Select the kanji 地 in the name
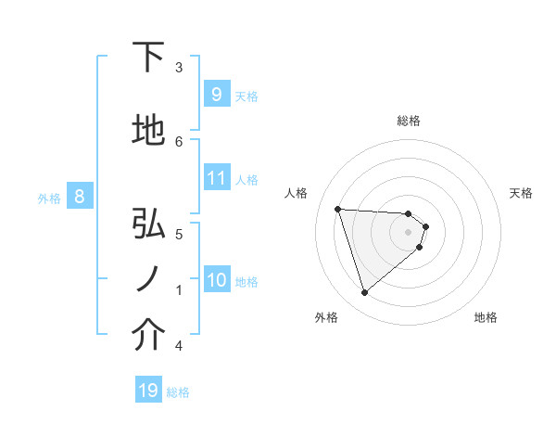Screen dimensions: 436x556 pos(148,131)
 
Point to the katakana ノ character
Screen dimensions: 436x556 pos(147,280)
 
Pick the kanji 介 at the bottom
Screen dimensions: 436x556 pos(148,336)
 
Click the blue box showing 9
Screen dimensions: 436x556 pos(216,95)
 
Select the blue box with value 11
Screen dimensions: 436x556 pos(216,178)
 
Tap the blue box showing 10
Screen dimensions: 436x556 pos(216,280)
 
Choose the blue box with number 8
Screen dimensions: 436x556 pos(80,197)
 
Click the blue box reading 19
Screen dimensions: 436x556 pos(147,391)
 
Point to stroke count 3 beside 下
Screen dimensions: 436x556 pos(179,67)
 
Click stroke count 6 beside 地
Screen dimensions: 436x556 pos(179,141)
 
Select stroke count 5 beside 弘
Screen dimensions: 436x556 pos(179,233)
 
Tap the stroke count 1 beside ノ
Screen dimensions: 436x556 pos(179,289)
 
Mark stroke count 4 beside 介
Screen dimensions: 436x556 pos(179,346)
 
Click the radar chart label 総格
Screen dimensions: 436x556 pos(409,121)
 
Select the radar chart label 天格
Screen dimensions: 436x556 pos(522,193)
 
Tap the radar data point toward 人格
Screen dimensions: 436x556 pos(338,209)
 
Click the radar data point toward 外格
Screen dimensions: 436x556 pos(364,293)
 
